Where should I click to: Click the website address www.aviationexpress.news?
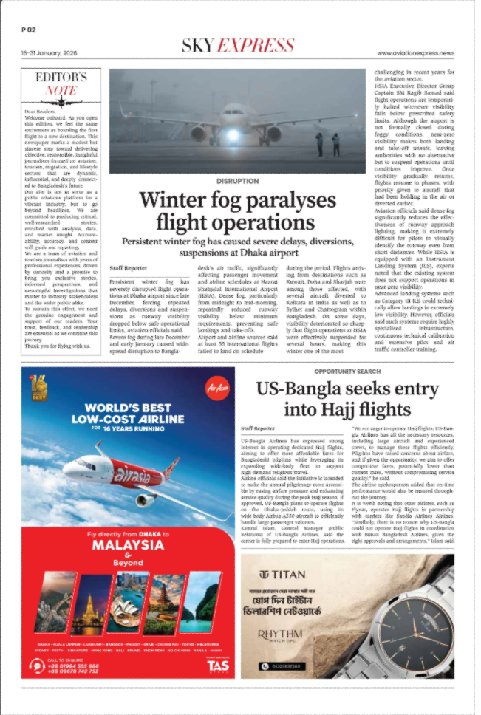pos(415,53)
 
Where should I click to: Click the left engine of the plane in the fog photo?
pos(199,134)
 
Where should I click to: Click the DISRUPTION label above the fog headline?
pos(238,181)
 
